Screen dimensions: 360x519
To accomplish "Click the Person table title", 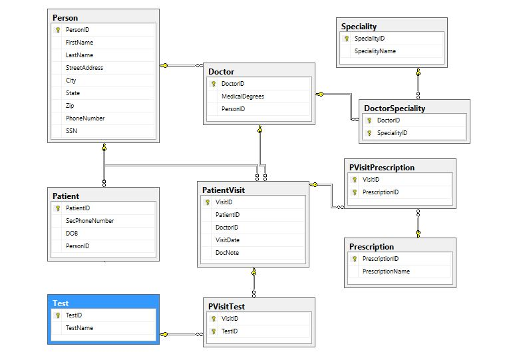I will coord(65,18).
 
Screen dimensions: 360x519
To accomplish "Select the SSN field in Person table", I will coord(71,131).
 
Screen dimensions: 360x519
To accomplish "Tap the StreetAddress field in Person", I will coord(84,68).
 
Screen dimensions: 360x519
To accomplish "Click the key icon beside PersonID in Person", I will coord(58,30).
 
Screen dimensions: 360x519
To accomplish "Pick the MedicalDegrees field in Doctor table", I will coord(242,96).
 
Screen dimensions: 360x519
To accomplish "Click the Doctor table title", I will coord(221,72).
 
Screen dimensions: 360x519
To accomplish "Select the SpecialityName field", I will coord(375,51).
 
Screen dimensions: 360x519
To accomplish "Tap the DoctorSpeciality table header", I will coord(395,108).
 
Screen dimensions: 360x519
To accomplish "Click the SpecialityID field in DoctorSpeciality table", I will coord(392,133).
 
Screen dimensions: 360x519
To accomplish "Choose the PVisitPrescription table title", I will coord(382,168).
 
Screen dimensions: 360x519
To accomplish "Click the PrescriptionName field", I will coord(386,271).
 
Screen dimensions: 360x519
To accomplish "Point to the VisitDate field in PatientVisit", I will coord(228,240).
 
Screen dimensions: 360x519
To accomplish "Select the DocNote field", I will coord(227,253).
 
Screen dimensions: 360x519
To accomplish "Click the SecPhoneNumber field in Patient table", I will coord(90,221).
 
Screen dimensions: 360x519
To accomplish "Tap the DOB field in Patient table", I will coord(72,234).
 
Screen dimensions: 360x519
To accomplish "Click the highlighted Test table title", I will coord(61,303).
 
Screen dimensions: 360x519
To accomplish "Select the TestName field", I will coord(79,328).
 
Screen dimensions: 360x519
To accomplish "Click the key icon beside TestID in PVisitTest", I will coord(214,331).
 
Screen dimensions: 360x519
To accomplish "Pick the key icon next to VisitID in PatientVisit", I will coord(208,202).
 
